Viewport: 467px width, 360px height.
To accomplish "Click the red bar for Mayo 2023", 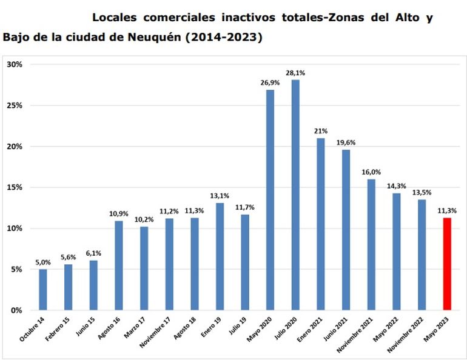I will [x=448, y=264].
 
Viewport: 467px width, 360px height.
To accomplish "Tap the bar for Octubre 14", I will [x=42, y=290].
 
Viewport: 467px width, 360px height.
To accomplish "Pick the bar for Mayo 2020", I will [x=270, y=200].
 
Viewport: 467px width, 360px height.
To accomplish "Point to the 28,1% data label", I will [x=295, y=73].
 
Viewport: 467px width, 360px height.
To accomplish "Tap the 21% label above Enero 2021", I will [x=321, y=131].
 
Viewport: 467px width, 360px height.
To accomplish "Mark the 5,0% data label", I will [x=42, y=262].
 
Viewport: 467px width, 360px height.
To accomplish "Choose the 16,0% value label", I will [x=371, y=172].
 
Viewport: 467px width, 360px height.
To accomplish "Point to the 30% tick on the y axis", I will [x=14, y=64].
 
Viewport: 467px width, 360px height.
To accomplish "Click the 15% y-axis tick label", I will [x=14, y=187].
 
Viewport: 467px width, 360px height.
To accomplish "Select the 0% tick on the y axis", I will [x=16, y=310].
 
